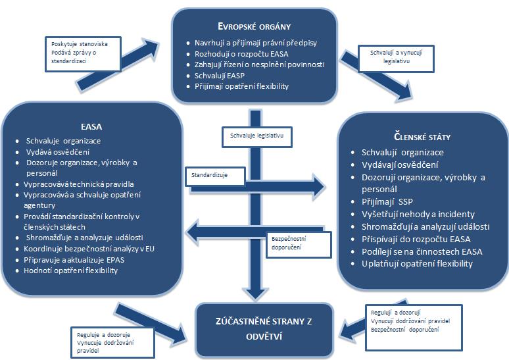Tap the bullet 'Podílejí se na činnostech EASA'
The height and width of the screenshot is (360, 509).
[x=422, y=251]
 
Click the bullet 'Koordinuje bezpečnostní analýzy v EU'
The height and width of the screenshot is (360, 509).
[x=86, y=248]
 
